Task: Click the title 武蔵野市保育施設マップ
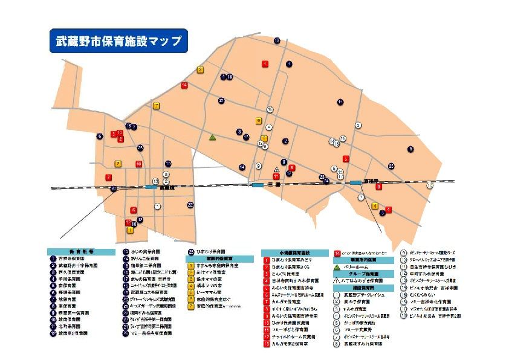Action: (118, 41)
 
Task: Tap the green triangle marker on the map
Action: (212, 138)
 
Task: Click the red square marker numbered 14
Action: (184, 86)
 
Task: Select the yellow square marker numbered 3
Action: (200, 70)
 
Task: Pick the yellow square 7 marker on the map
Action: (157, 106)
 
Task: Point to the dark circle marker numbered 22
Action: (190, 205)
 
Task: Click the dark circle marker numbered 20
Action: (114, 189)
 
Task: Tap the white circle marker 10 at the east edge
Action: (430, 185)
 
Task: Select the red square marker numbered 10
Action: (139, 164)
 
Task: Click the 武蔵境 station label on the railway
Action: (162, 188)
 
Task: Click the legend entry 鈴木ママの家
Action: (209, 280)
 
